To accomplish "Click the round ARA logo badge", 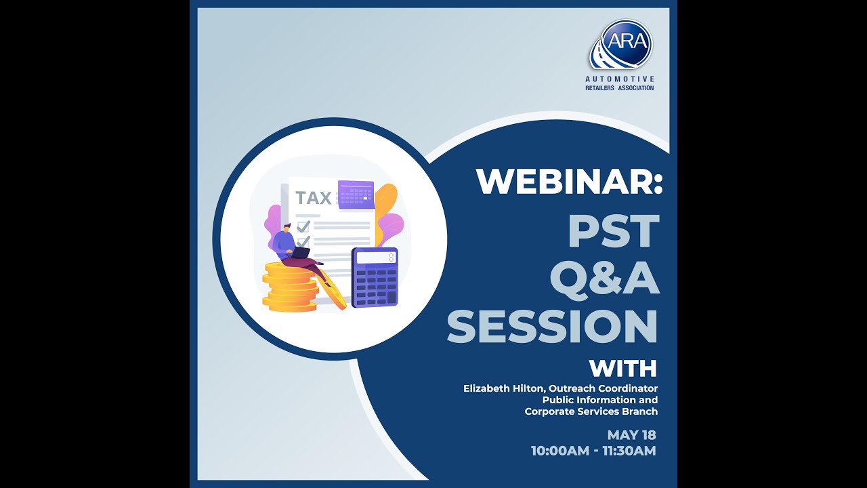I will tap(627, 43).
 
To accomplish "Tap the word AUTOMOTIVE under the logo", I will tap(620, 79).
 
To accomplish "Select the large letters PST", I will tap(614, 231).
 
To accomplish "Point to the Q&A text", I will tap(604, 278).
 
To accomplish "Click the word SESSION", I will tap(552, 326).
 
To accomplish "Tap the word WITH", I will tap(622, 369).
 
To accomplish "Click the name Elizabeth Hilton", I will tap(504, 388).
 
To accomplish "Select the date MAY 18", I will tap(631, 435).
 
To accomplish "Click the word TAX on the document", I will tap(314, 198).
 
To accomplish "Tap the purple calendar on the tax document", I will tap(356, 195).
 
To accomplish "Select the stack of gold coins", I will tap(290, 287).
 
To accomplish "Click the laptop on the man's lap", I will tap(300, 254).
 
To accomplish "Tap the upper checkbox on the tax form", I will tap(303, 226).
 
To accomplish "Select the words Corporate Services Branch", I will tap(591, 411).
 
